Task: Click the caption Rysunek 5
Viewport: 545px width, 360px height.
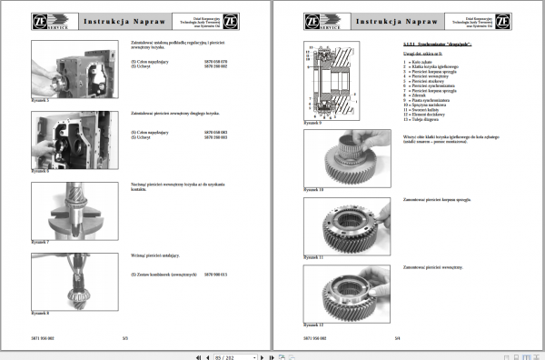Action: tap(40, 101)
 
